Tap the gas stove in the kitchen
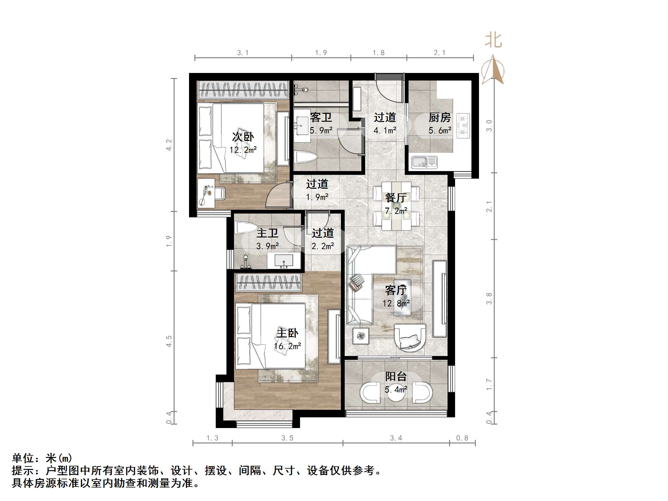pyautogui.click(x=462, y=125)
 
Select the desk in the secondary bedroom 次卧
pyautogui.click(x=206, y=193)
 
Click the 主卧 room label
pyautogui.click(x=287, y=333)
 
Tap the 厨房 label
pyautogui.click(x=440, y=118)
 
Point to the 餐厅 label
pyautogui.click(x=396, y=198)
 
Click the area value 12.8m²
pyautogui.click(x=396, y=303)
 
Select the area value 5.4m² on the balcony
pyautogui.click(x=396, y=390)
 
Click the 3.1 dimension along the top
pyautogui.click(x=243, y=53)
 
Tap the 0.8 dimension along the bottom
pyautogui.click(x=462, y=438)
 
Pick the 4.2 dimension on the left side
pyautogui.click(x=169, y=145)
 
